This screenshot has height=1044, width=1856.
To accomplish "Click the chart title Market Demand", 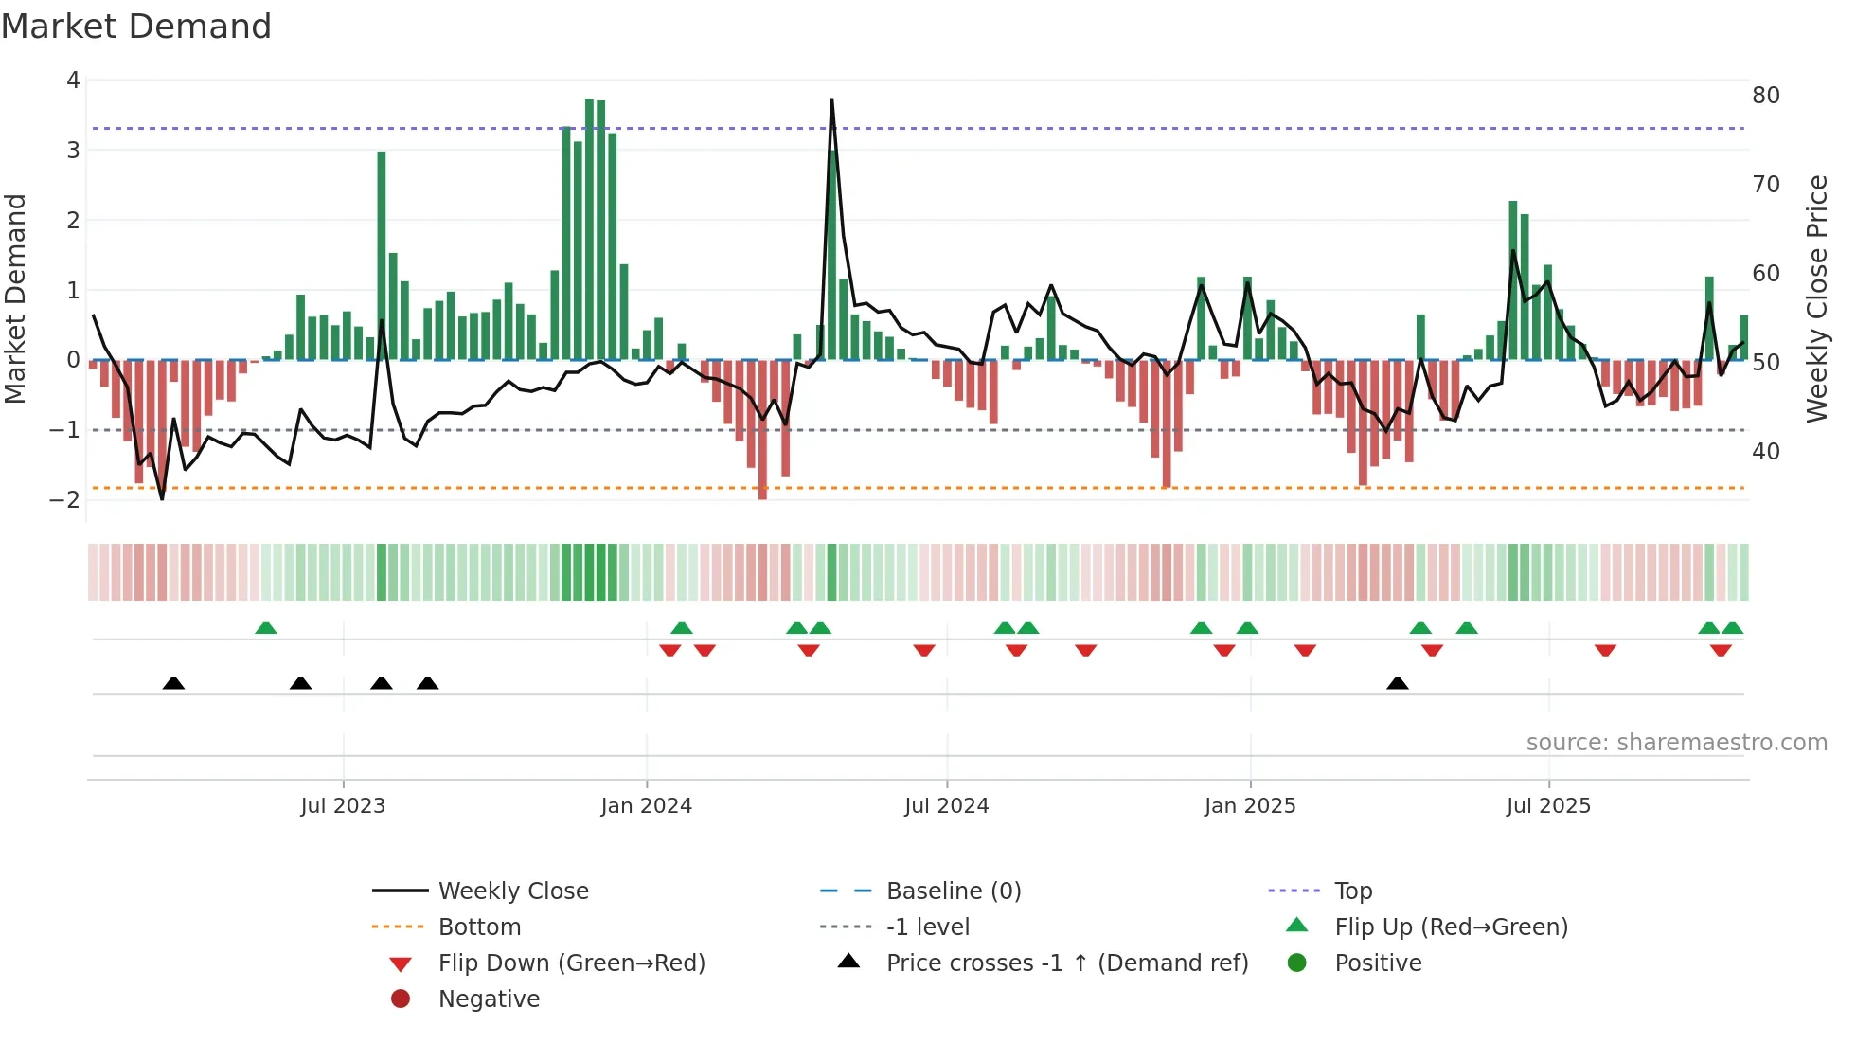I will click(136, 27).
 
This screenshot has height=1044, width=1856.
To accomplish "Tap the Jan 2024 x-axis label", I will click(646, 806).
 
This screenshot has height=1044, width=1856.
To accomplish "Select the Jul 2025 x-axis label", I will click(1548, 806).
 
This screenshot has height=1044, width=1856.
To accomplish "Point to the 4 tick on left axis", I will click(73, 81).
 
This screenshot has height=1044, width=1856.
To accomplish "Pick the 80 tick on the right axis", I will click(1765, 96).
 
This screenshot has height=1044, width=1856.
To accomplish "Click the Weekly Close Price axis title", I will click(1816, 298).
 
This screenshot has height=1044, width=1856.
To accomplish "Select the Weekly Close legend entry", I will click(512, 891).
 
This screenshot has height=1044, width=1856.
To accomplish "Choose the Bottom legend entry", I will click(479, 927).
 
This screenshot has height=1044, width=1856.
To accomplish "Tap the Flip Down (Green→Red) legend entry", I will click(571, 963).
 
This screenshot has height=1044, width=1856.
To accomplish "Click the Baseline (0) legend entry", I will click(953, 891).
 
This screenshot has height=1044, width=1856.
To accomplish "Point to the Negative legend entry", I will click(489, 999).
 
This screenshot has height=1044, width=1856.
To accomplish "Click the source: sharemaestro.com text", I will click(1676, 743).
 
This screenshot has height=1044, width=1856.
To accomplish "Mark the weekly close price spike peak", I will click(831, 99).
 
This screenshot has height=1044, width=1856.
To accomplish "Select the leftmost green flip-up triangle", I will click(266, 628).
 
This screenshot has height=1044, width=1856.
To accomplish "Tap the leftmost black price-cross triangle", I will click(173, 683).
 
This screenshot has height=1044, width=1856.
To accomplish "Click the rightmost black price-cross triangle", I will click(1397, 683).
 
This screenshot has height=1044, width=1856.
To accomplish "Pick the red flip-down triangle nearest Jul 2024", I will click(924, 650).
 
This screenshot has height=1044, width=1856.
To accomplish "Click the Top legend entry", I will click(1352, 891).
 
